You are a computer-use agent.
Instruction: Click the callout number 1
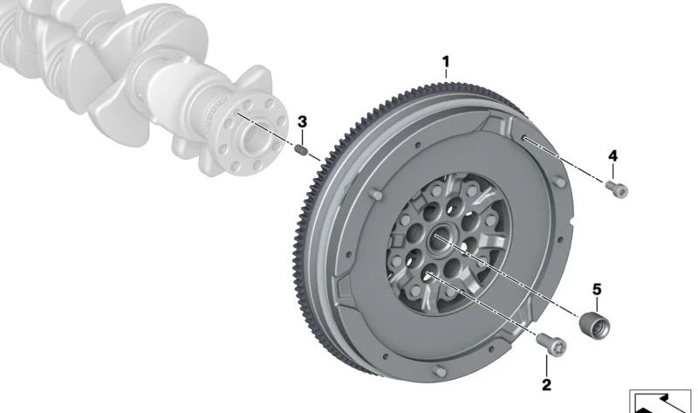click(446, 62)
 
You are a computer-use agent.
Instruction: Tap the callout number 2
click(546, 384)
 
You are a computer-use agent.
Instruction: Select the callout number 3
click(302, 121)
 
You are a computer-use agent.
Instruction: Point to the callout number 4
click(613, 156)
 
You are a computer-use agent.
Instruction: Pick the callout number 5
click(597, 290)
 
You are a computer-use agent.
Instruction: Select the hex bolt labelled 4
click(617, 189)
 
